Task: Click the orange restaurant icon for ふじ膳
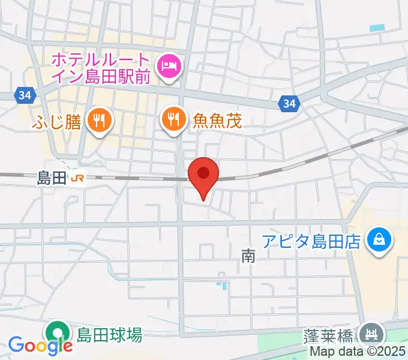tap(97, 121)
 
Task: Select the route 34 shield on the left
tap(24, 95)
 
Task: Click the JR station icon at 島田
tap(77, 178)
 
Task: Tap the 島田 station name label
tap(50, 178)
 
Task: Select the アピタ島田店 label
tap(311, 242)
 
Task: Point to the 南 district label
tap(248, 257)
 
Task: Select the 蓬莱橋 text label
tap(329, 334)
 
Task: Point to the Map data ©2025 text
tap(357, 352)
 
